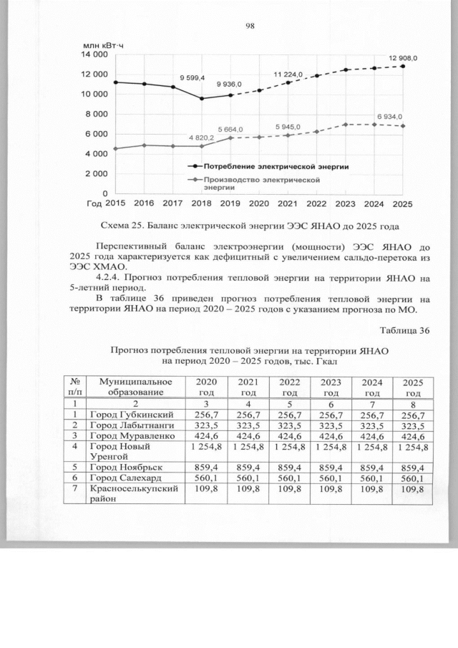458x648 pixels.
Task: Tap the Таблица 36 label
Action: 405,329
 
